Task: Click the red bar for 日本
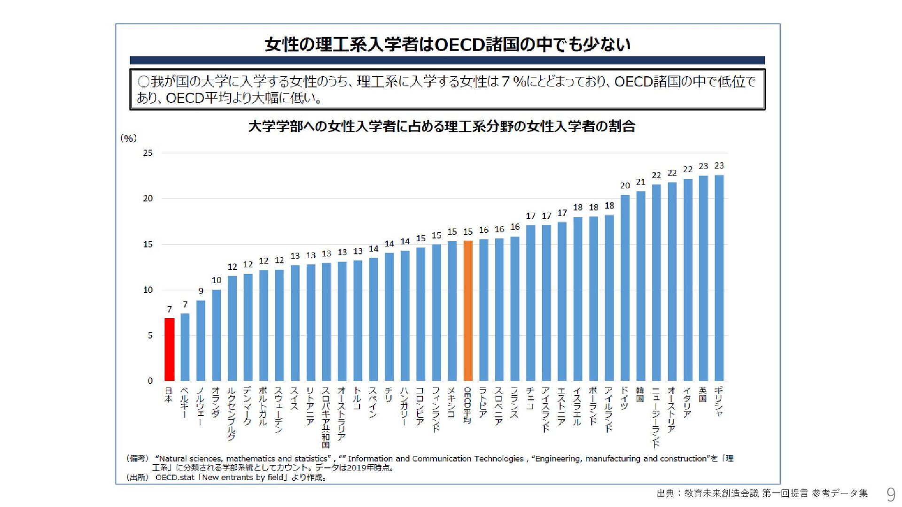pyautogui.click(x=170, y=349)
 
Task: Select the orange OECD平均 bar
pyautogui.click(x=468, y=310)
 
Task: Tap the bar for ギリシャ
pyautogui.click(x=719, y=277)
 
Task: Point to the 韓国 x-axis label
pyautogui.click(x=640, y=394)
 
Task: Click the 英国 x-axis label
pyautogui.click(x=703, y=394)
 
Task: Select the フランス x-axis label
pyautogui.click(x=515, y=402)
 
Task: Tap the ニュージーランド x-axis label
pyautogui.click(x=656, y=417)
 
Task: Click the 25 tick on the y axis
pyautogui.click(x=148, y=153)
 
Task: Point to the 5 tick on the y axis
pyautogui.click(x=150, y=335)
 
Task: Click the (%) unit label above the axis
pyautogui.click(x=128, y=138)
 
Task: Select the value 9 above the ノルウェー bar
pyautogui.click(x=201, y=291)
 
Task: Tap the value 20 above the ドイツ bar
pyautogui.click(x=625, y=186)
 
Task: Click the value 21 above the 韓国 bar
pyautogui.click(x=641, y=182)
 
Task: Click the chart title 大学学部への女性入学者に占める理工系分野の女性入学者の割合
pyautogui.click(x=442, y=126)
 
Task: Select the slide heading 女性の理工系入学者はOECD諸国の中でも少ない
pyautogui.click(x=447, y=45)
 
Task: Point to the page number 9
pyautogui.click(x=890, y=494)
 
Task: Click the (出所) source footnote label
pyautogui.click(x=137, y=477)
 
